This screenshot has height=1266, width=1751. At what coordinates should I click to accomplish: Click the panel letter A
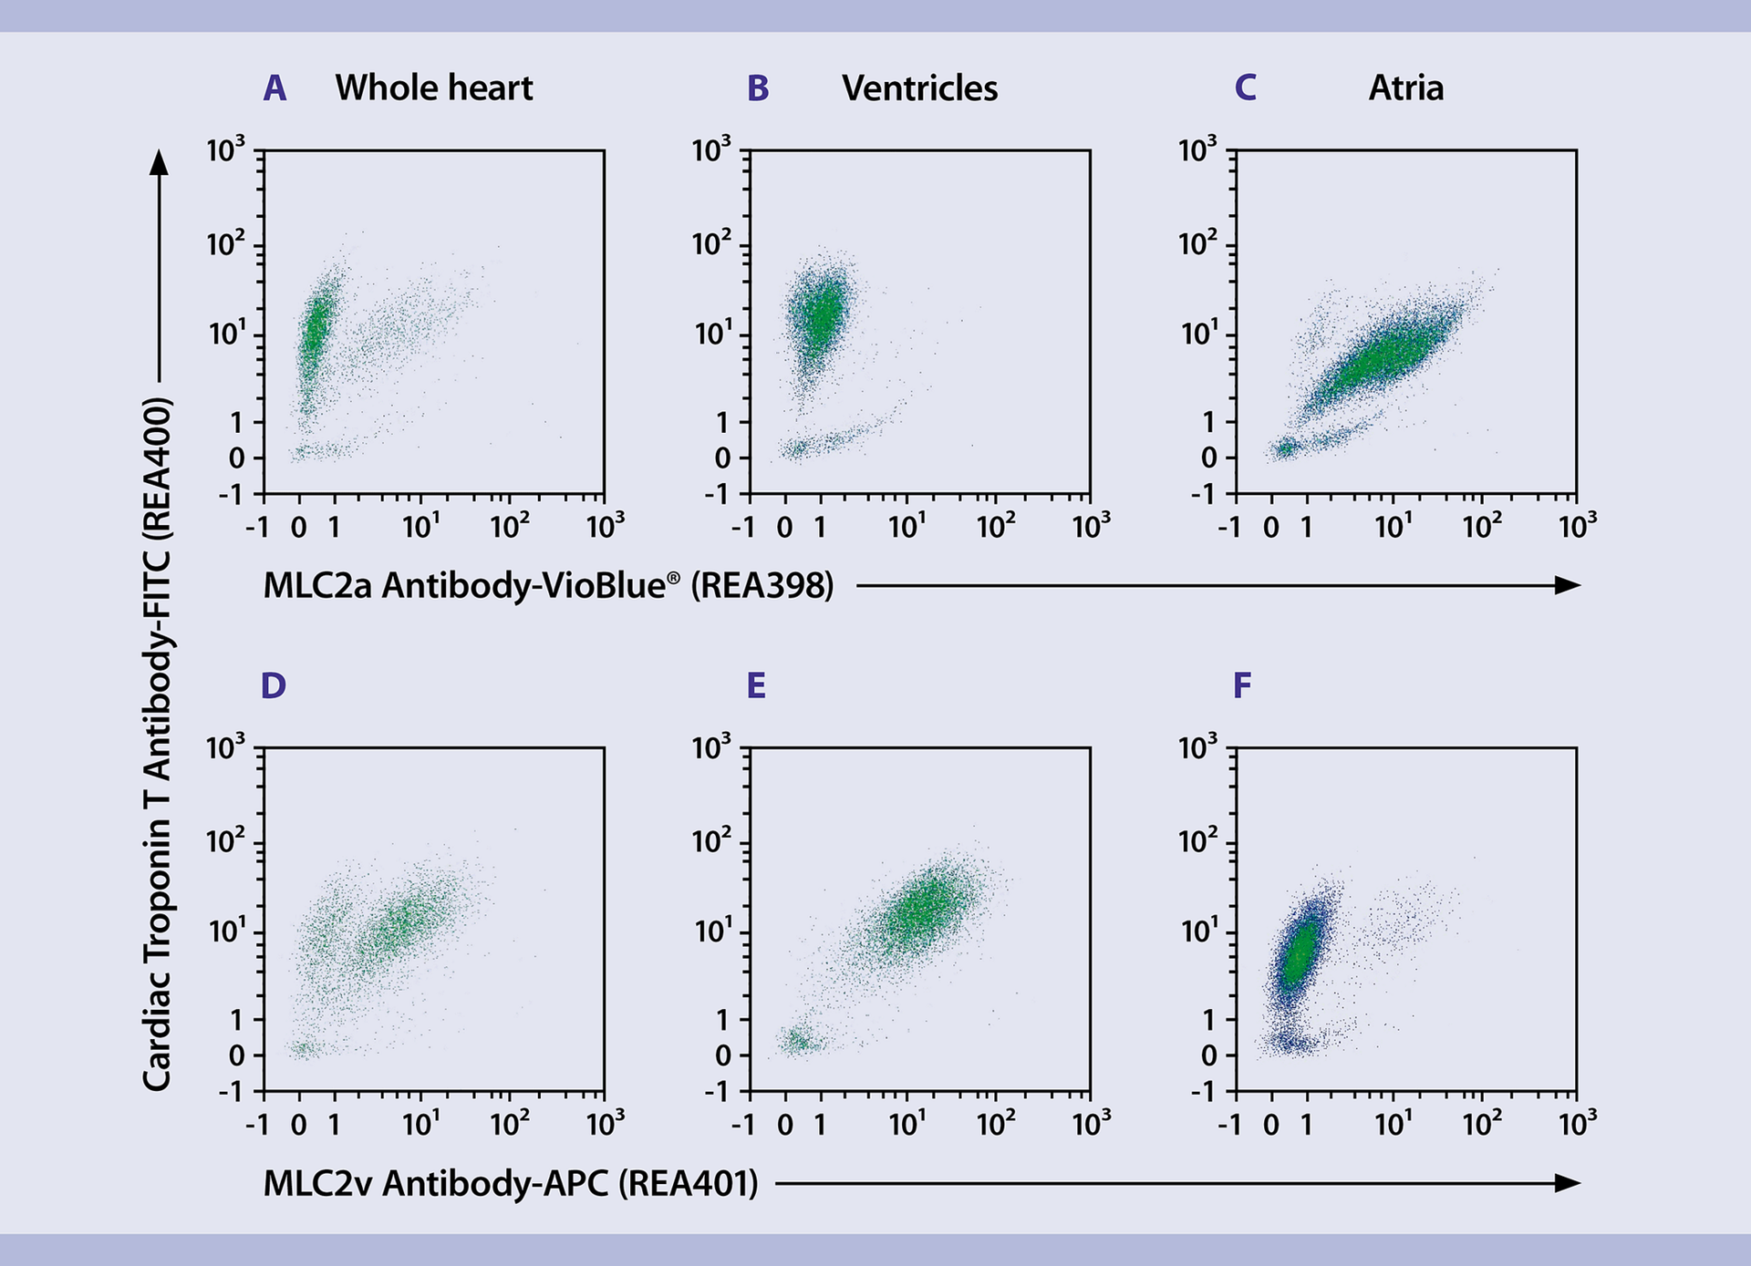pos(275,88)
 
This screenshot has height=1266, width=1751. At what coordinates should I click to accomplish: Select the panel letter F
pos(1241,685)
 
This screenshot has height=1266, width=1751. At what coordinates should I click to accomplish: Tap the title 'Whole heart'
pos(434,88)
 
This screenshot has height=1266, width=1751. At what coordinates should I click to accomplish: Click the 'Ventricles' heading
pos(919,88)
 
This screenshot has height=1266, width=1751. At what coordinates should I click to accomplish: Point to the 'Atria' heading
pos(1405,88)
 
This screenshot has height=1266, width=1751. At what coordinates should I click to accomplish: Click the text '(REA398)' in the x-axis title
pos(762,585)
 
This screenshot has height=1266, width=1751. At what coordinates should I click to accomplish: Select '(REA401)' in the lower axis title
pos(688,1183)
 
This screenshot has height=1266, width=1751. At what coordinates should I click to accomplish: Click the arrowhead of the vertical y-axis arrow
pos(160,162)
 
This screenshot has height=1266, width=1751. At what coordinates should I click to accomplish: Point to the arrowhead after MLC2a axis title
pos(1568,585)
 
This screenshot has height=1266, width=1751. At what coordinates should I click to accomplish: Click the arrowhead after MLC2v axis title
pos(1568,1183)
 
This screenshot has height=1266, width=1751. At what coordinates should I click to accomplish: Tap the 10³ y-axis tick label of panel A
pos(225,149)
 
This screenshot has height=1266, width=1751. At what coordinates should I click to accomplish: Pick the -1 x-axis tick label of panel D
pos(256,1124)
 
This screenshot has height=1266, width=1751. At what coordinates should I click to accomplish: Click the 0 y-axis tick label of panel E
pos(723,1055)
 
